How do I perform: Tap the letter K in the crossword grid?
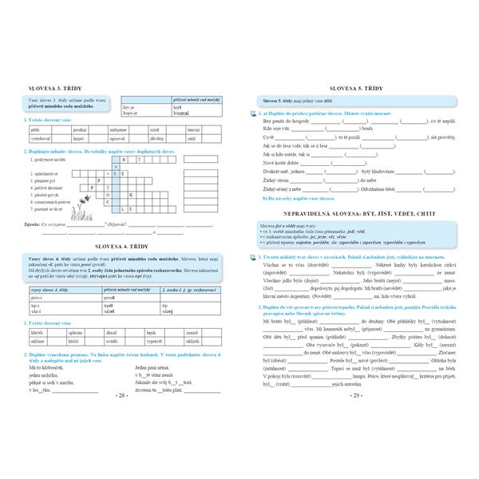tap(130, 193)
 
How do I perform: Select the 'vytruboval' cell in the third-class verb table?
tap(41, 138)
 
